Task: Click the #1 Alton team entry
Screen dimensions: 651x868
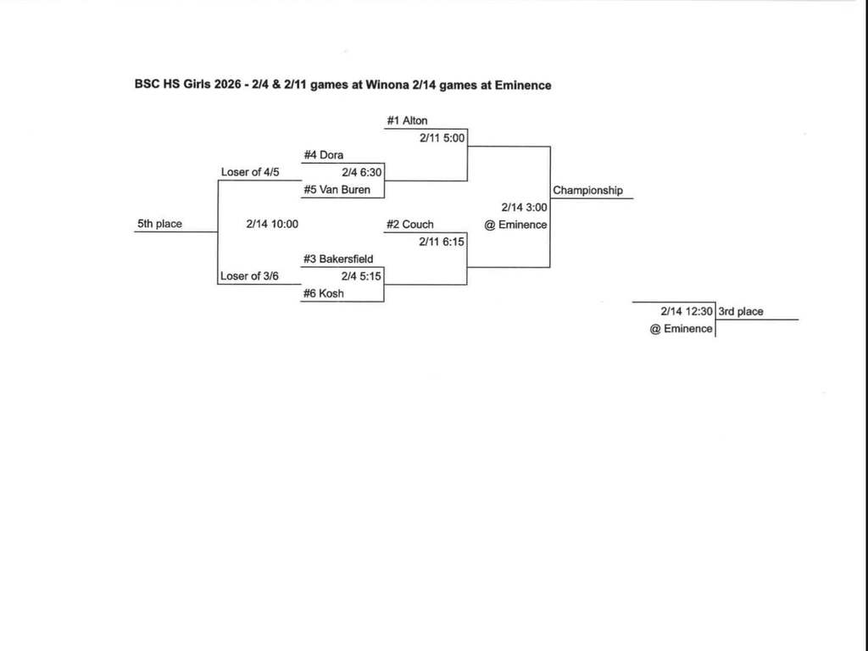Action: click(407, 121)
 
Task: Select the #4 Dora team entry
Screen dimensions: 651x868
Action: click(323, 155)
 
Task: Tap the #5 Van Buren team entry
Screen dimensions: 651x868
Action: click(337, 190)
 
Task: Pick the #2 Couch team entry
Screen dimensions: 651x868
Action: click(409, 225)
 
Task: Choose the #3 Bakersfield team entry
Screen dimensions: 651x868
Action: click(338, 259)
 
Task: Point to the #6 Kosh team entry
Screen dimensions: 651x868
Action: click(324, 294)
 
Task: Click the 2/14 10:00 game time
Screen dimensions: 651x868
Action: click(272, 225)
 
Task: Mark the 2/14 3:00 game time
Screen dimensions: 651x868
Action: click(524, 208)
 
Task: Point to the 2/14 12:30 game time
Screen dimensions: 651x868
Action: click(687, 312)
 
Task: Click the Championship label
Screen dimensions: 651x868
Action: click(587, 191)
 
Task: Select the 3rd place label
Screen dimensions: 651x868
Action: click(741, 312)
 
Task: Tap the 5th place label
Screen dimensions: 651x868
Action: click(159, 225)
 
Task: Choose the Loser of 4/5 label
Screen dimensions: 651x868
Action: click(250, 173)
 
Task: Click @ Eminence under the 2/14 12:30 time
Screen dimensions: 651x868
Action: click(681, 329)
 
